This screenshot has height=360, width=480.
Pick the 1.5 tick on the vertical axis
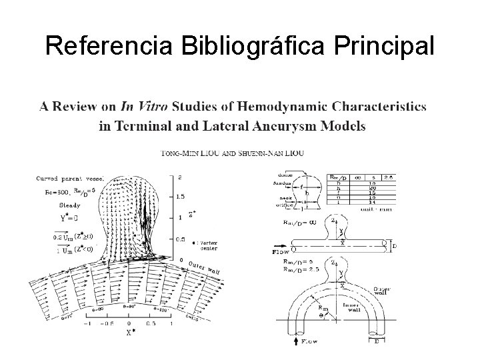(181, 197)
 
